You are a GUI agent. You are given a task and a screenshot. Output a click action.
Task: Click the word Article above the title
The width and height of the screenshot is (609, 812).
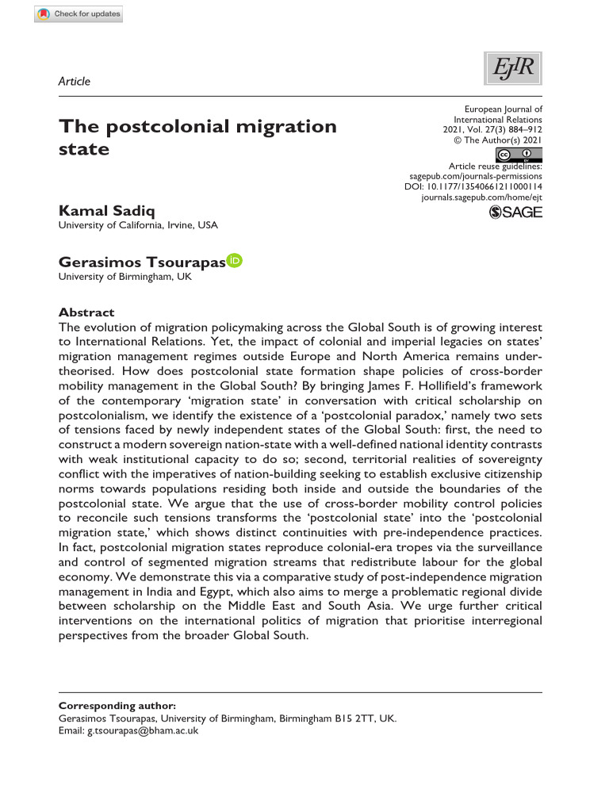75,81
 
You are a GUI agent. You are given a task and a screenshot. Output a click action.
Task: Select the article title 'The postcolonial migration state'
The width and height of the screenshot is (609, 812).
198,137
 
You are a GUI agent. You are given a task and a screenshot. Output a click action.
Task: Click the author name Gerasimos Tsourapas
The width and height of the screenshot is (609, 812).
141,262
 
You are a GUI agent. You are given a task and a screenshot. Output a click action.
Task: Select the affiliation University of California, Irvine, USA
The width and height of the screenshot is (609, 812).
138,225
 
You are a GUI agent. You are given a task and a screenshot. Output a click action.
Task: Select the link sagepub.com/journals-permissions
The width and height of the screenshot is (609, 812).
476,175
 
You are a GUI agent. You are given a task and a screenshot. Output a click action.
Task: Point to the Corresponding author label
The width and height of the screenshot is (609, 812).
117,705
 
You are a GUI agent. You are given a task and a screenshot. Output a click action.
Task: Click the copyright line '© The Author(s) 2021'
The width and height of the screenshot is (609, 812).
498,138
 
